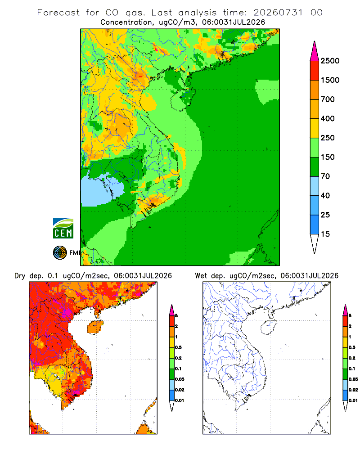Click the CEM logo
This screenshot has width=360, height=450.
[x=63, y=228]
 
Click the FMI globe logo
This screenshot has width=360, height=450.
[x=60, y=253]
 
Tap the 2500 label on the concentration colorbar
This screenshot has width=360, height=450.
[x=330, y=61]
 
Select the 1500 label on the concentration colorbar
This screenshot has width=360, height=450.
[x=330, y=80]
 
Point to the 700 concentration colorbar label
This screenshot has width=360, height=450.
[x=328, y=99]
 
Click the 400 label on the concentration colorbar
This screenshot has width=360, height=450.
[x=328, y=118]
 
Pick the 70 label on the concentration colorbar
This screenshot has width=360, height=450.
[x=325, y=176]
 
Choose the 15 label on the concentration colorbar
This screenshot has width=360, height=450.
[x=325, y=234]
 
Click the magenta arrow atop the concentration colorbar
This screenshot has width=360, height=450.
[x=315, y=52]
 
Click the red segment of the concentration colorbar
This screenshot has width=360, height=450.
[x=315, y=71]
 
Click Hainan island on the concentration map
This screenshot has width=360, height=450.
[x=183, y=99]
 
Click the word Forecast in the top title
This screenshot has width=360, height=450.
[x=58, y=13]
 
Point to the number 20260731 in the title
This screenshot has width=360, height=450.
[x=278, y=13]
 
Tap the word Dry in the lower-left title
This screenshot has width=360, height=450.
[x=20, y=276]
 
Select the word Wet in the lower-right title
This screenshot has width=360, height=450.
[x=201, y=276]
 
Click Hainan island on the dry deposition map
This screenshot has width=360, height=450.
[x=95, y=327]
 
